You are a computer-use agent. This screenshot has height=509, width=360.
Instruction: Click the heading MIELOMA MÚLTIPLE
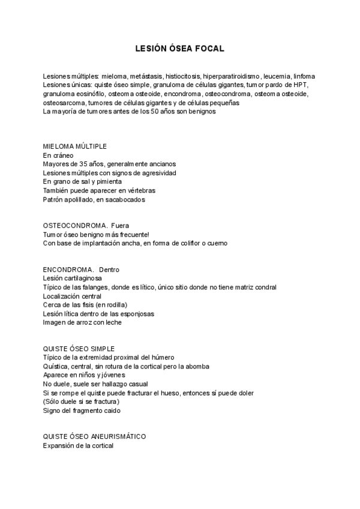pos(75,146)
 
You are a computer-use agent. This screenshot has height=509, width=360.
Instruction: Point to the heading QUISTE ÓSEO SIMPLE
pos(79,349)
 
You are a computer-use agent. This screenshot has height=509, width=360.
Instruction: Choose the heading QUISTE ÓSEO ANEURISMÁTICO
pos(94,436)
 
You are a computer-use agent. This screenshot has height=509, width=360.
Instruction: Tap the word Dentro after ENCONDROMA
pos(109,270)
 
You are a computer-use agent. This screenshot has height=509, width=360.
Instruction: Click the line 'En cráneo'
pos(58,155)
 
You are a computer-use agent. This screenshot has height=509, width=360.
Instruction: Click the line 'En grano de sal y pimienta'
pos(82,181)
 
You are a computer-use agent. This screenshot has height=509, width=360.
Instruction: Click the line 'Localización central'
pos(72,296)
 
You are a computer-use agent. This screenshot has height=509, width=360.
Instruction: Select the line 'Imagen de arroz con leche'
pos(82,322)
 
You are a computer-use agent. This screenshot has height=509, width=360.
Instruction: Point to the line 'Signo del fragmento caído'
pos(82,411)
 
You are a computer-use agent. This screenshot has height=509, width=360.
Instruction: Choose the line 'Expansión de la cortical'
pos(78,445)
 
